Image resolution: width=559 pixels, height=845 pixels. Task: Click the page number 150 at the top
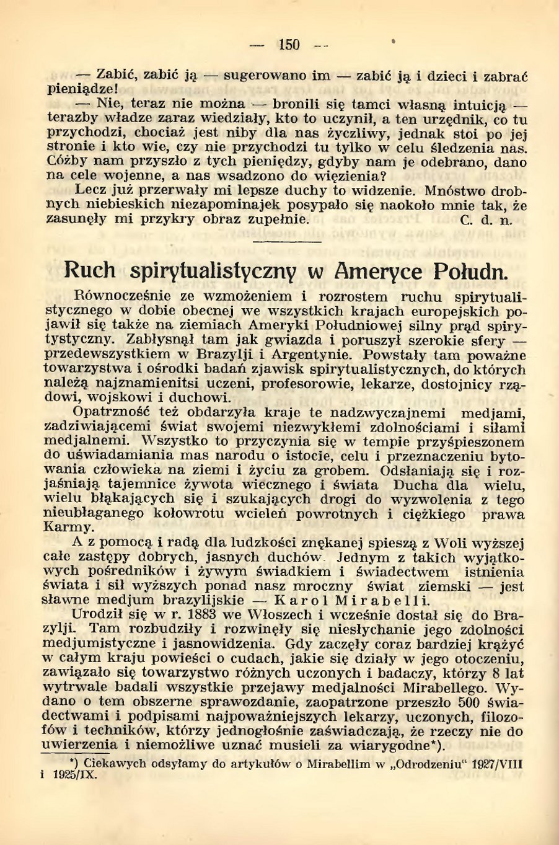coord(289,45)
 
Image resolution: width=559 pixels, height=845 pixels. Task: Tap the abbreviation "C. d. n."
coord(487,220)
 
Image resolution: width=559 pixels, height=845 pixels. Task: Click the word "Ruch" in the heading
coord(90,270)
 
